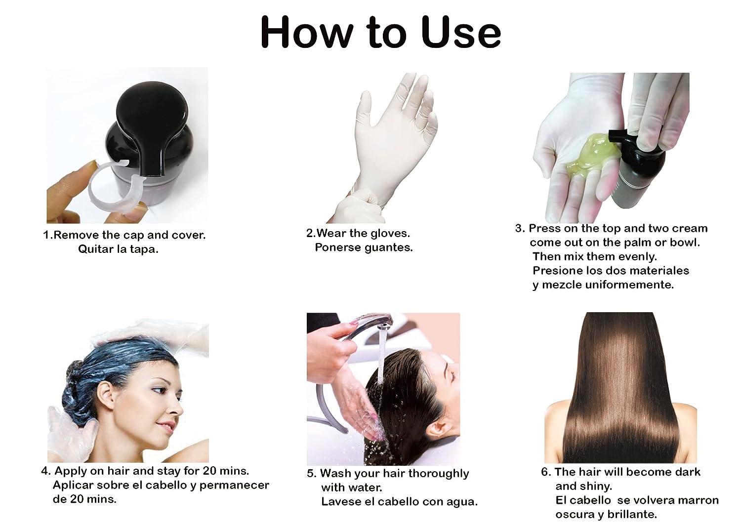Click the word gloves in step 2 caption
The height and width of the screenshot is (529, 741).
tap(390, 234)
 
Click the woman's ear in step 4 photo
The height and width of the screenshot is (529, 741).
tap(107, 396)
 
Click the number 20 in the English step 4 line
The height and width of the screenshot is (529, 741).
tap(210, 471)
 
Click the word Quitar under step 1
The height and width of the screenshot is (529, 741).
tap(96, 249)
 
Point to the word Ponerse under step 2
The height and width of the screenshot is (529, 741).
tap(338, 247)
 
